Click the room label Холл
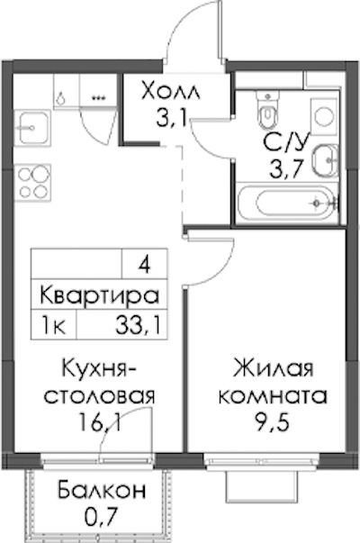[171, 92]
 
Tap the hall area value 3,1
[171, 118]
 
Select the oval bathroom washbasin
[326, 160]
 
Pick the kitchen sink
[32, 128]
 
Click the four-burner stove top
[33, 183]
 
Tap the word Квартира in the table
[99, 295]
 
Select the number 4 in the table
[144, 266]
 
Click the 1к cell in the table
[53, 326]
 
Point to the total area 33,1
[139, 326]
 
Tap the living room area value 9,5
[272, 421]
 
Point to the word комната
[273, 396]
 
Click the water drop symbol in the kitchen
[61, 98]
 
